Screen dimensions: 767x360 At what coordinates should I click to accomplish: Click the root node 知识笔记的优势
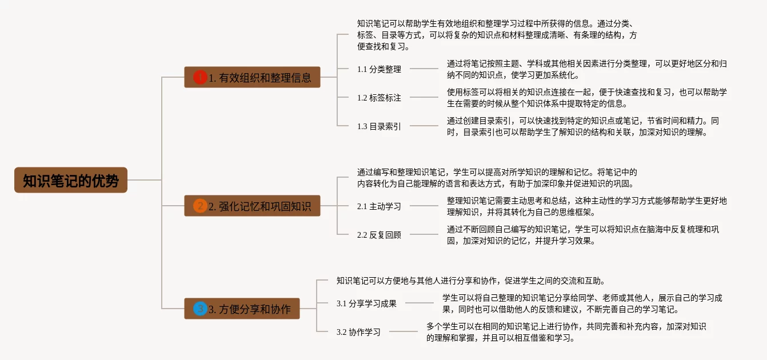pyautogui.click(x=71, y=180)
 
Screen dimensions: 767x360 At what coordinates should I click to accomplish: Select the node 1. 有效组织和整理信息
pyautogui.click(x=252, y=77)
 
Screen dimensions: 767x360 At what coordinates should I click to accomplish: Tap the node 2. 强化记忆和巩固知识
pyautogui.click(x=252, y=206)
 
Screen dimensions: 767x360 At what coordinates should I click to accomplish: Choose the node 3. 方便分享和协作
pyautogui.click(x=242, y=309)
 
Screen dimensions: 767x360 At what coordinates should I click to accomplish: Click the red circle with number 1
pyautogui.click(x=199, y=77)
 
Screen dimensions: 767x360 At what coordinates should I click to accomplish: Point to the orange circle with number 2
pyautogui.click(x=199, y=206)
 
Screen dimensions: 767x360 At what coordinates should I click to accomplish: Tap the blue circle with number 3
pyautogui.click(x=199, y=309)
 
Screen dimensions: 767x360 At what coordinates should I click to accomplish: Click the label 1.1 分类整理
pyautogui.click(x=379, y=69)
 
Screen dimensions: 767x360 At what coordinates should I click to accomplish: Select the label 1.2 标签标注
pyautogui.click(x=379, y=98)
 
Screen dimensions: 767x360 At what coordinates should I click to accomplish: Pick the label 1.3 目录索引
pyautogui.click(x=379, y=126)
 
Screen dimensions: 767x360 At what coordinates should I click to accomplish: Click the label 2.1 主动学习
pyautogui.click(x=379, y=206)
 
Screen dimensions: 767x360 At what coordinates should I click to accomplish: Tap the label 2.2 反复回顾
pyautogui.click(x=379, y=235)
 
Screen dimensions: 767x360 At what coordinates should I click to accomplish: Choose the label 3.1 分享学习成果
pyautogui.click(x=366, y=303)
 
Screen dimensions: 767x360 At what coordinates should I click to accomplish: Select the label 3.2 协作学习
pyautogui.click(x=358, y=332)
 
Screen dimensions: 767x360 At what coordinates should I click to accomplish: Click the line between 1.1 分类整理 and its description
pyautogui.click(x=424, y=69)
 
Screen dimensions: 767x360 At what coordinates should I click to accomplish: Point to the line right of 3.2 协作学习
pyautogui.click(x=403, y=331)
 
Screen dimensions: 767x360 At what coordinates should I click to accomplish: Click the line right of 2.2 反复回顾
pyautogui.click(x=424, y=234)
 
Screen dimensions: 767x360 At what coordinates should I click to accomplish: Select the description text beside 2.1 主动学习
pyautogui.click(x=586, y=206)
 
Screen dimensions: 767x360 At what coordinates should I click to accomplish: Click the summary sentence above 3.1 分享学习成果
pyautogui.click(x=470, y=281)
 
